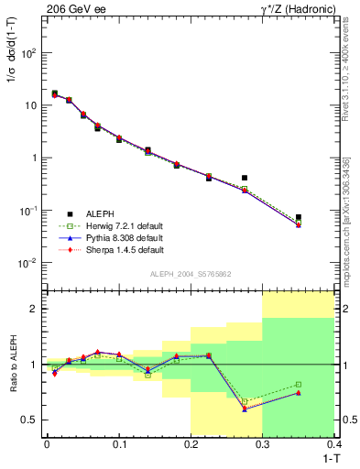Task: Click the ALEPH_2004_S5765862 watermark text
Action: (x=191, y=274)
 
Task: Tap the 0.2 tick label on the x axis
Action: (x=191, y=444)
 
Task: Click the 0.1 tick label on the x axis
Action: (x=118, y=444)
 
